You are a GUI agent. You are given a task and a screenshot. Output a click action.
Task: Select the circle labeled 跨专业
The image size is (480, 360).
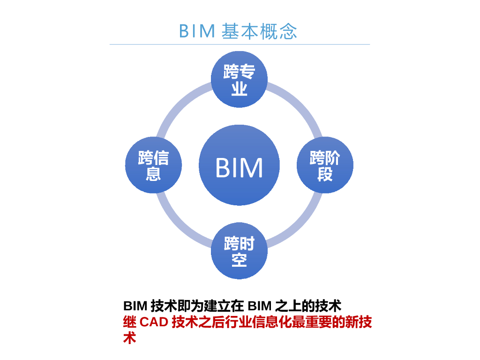click(x=239, y=79)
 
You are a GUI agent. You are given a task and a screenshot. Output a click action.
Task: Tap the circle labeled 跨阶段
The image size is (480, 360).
click(x=325, y=165)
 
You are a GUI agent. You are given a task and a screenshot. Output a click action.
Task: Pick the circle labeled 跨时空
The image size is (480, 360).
click(x=239, y=251)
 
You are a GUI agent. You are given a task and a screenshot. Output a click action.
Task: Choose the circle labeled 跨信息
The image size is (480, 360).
click(x=153, y=165)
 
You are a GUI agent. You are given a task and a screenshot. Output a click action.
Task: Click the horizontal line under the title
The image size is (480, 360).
click(x=240, y=45)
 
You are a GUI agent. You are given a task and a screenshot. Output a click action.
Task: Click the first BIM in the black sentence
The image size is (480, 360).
click(x=135, y=307)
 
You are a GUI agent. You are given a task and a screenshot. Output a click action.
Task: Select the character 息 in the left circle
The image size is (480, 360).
click(x=153, y=174)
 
